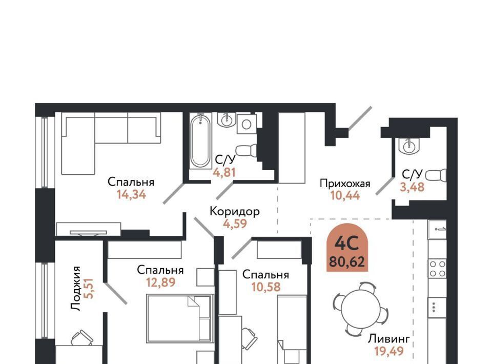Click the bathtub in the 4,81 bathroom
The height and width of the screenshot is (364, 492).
point(200,141)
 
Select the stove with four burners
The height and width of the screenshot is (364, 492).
point(437,269)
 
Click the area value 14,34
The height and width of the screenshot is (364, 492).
point(132,195)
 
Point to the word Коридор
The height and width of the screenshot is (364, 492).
point(234,212)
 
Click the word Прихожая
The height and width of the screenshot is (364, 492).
point(345,183)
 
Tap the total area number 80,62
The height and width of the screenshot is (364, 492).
point(347,261)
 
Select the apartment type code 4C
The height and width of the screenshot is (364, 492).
point(347,243)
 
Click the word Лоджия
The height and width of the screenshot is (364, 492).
point(76,289)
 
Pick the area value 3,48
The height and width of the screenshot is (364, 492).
point(412,187)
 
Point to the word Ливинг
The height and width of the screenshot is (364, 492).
point(389,339)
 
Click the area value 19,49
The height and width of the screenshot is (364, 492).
point(389,351)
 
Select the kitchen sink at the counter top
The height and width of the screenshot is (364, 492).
point(437,230)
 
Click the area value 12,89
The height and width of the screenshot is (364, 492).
point(160,282)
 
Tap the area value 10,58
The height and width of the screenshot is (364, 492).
point(266,287)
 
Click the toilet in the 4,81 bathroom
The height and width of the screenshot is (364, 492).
point(246,150)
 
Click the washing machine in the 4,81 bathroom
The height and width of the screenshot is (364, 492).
point(247,124)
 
